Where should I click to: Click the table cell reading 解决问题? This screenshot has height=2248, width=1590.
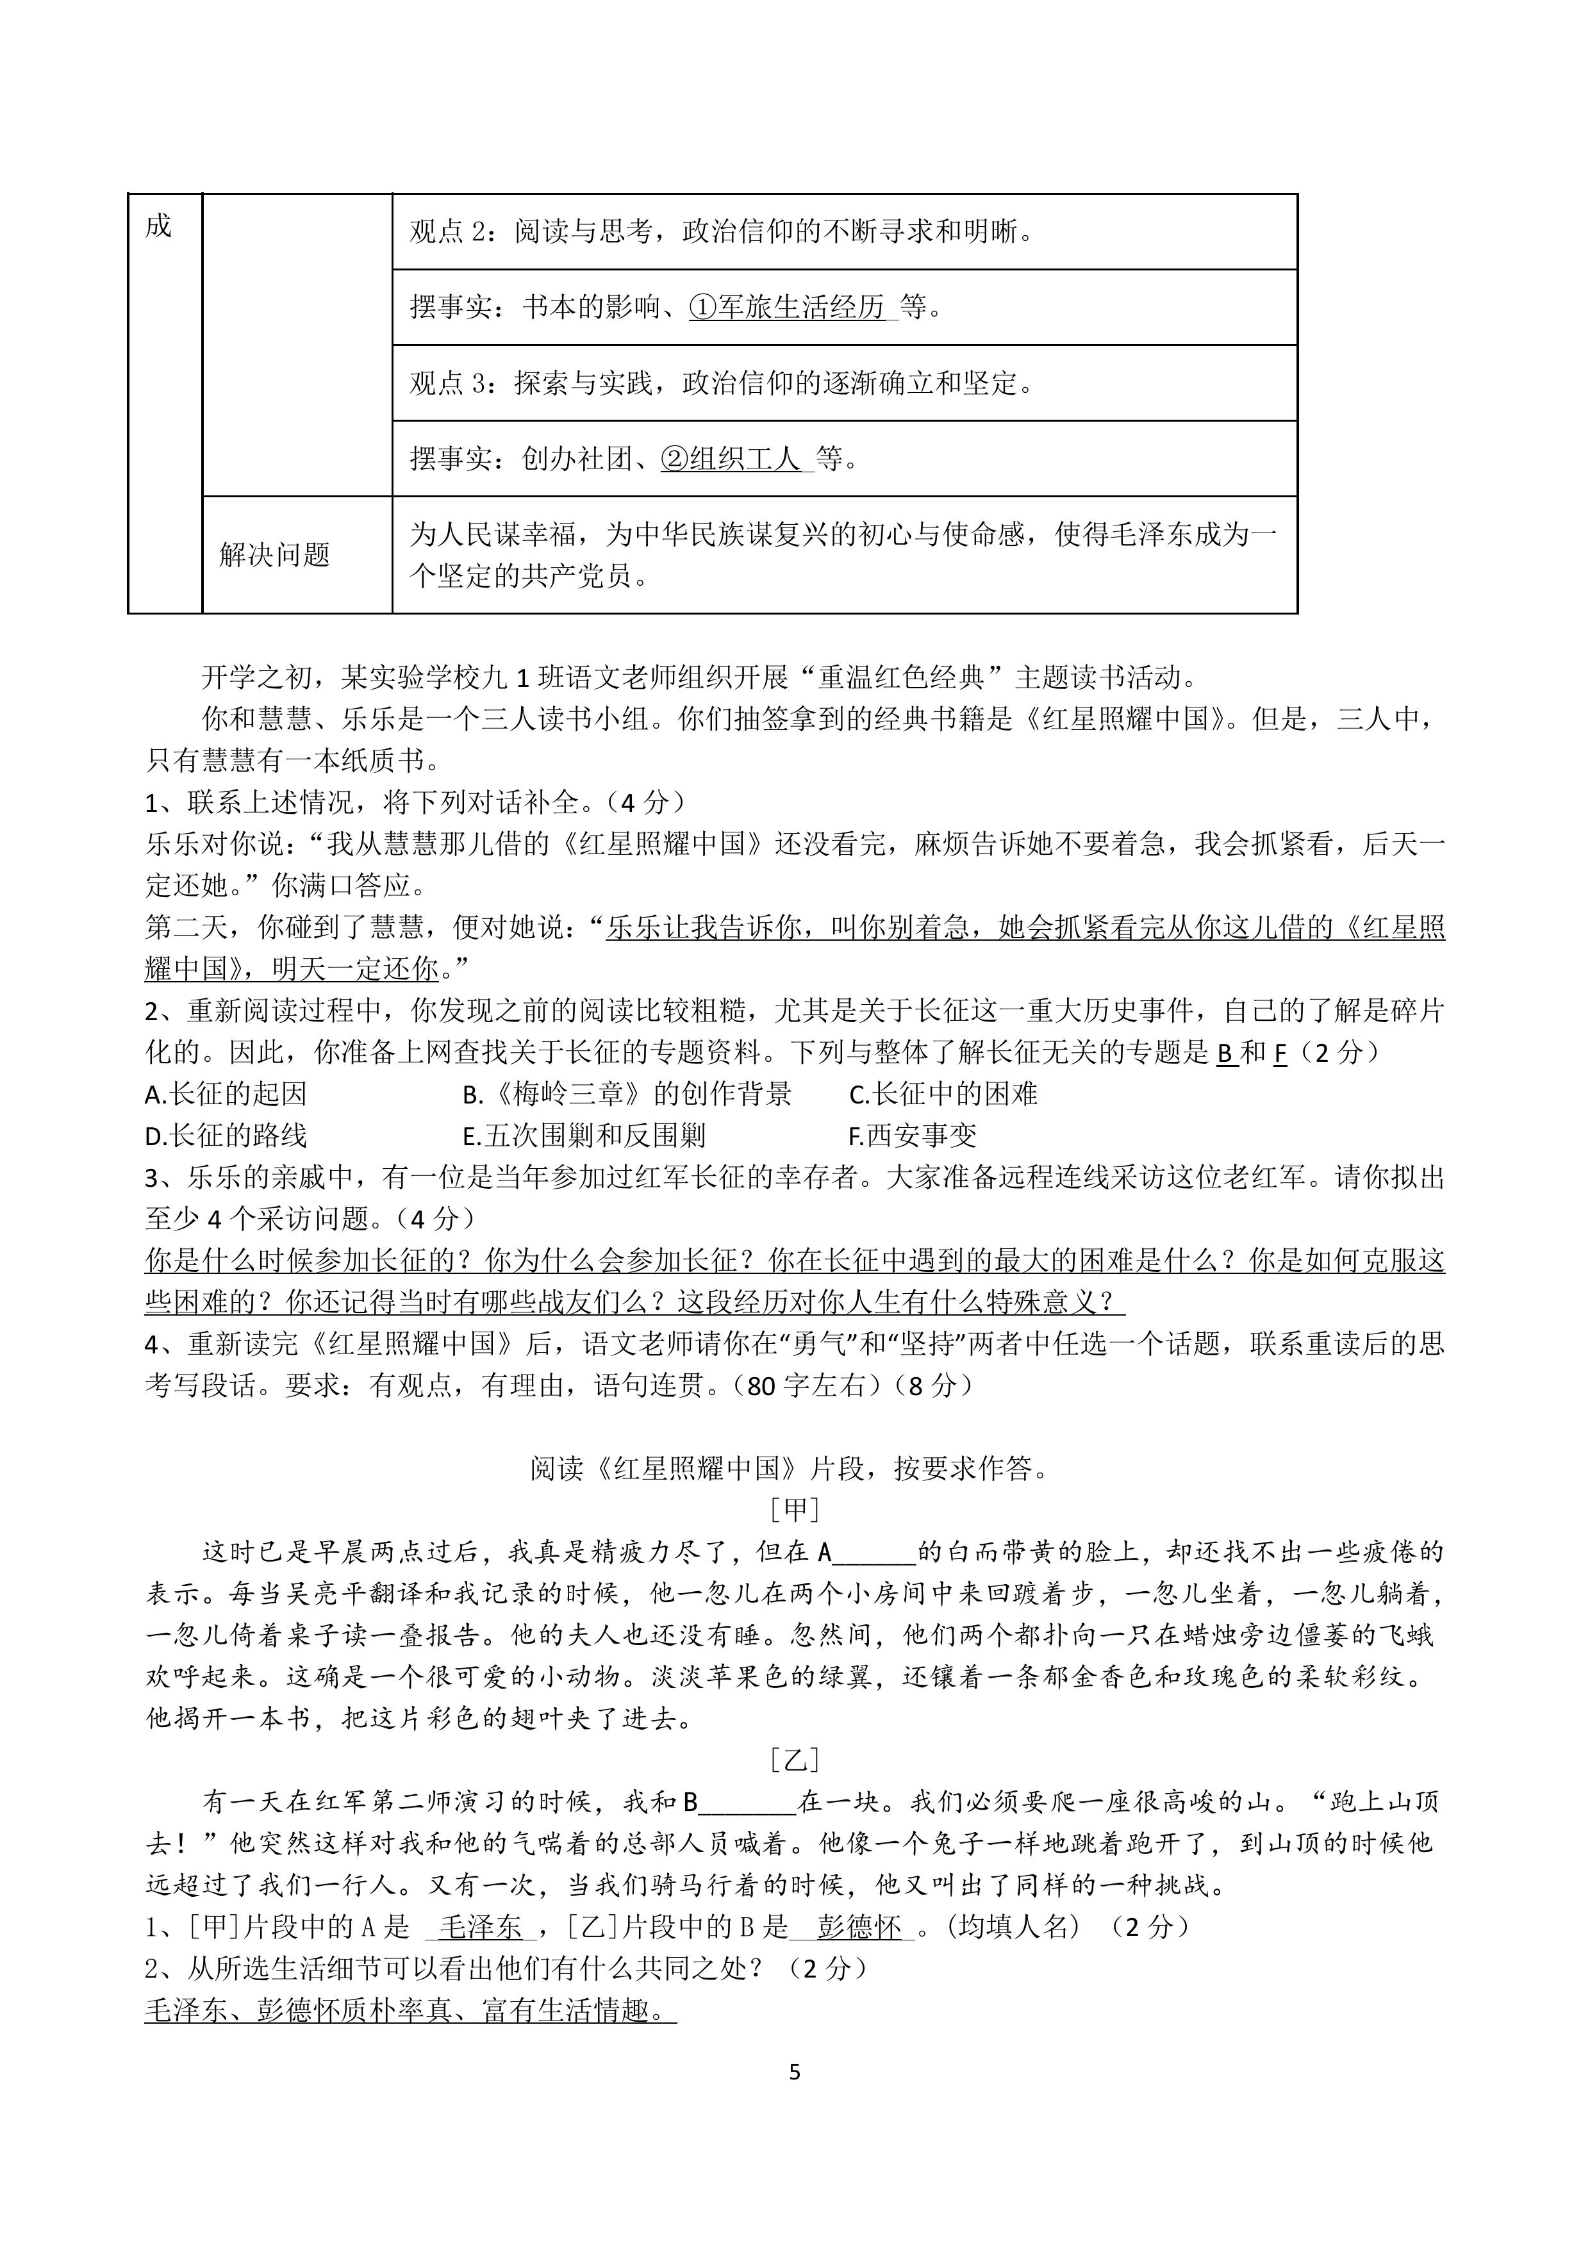click(x=275, y=555)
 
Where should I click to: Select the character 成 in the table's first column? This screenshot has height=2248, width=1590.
click(x=158, y=227)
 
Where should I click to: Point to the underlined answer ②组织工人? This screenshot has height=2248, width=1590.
click(x=733, y=458)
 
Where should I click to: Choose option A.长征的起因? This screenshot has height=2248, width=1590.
click(x=226, y=1094)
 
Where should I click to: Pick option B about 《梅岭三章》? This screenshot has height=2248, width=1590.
click(x=627, y=1094)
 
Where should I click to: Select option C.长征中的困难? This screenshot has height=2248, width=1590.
click(x=943, y=1094)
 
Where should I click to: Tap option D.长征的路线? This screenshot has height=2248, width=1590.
click(x=226, y=1136)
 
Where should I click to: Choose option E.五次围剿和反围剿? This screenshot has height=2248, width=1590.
click(x=584, y=1136)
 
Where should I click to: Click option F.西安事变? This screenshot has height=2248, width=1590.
click(x=913, y=1136)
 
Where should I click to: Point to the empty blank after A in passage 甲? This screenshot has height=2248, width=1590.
click(x=874, y=1552)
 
